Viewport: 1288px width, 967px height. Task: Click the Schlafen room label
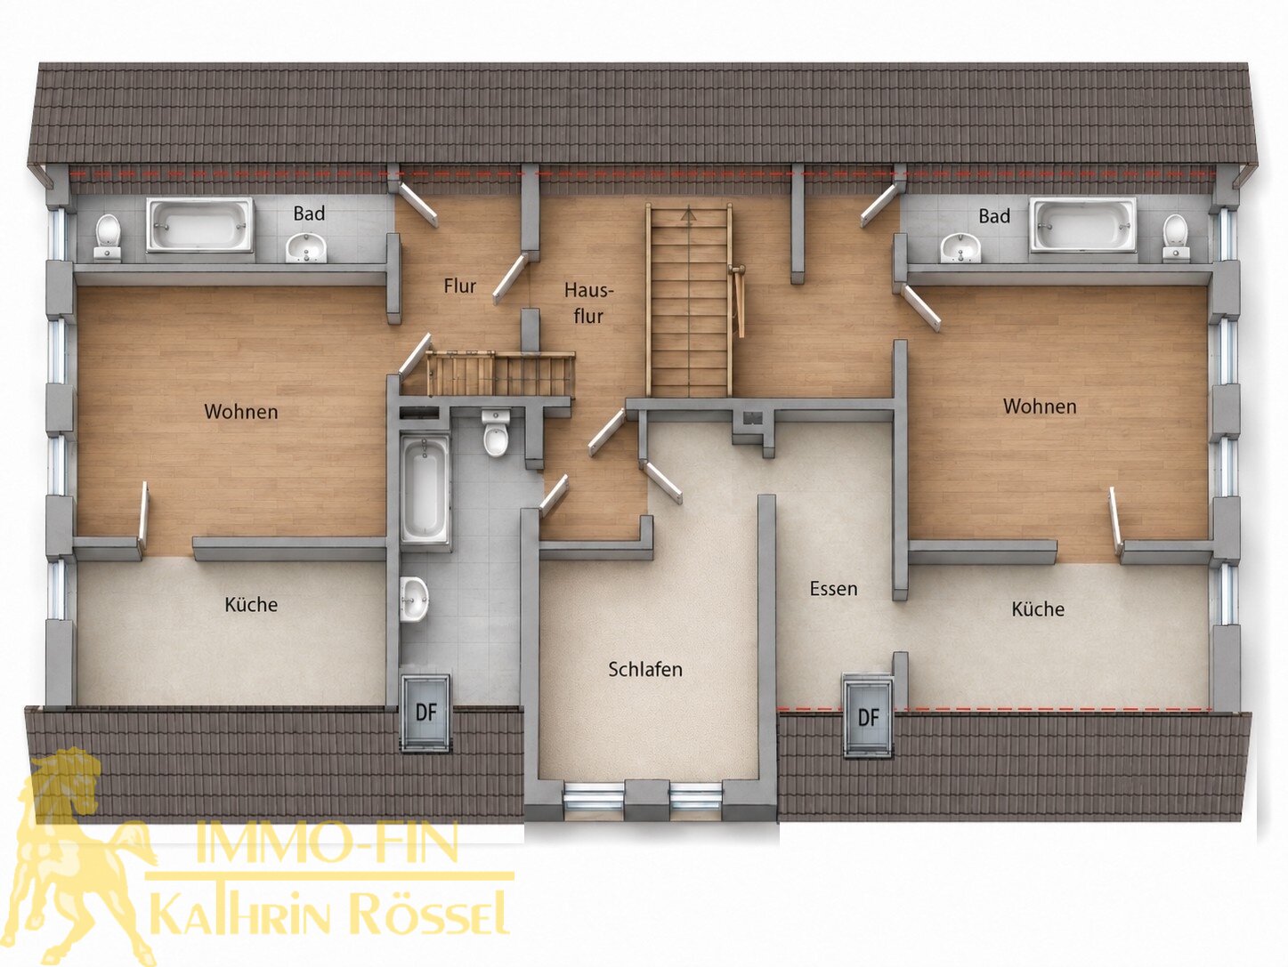[x=644, y=669]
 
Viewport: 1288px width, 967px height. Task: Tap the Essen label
[x=833, y=588]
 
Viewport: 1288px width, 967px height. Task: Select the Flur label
[x=459, y=286]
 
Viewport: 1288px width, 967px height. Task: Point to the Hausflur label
[x=588, y=302]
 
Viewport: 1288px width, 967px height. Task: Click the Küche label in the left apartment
[x=251, y=604]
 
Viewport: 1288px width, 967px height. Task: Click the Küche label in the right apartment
[x=1038, y=608]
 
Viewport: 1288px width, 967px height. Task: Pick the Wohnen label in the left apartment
[x=240, y=411]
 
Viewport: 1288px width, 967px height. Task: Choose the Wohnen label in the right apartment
[x=1039, y=406]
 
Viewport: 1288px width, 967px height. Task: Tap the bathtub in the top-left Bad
[x=199, y=225]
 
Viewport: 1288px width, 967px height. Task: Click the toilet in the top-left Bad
[x=108, y=237]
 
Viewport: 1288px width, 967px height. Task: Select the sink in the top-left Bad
[x=305, y=247]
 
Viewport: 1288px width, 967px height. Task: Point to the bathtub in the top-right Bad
[x=1082, y=225]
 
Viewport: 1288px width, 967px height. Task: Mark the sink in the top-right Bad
[x=960, y=247]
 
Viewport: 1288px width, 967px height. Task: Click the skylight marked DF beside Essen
[x=868, y=716]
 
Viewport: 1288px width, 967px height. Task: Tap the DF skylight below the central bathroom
[x=426, y=712]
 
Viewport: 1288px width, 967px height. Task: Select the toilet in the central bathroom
[x=496, y=432]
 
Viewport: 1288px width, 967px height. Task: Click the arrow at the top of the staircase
[x=688, y=214]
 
